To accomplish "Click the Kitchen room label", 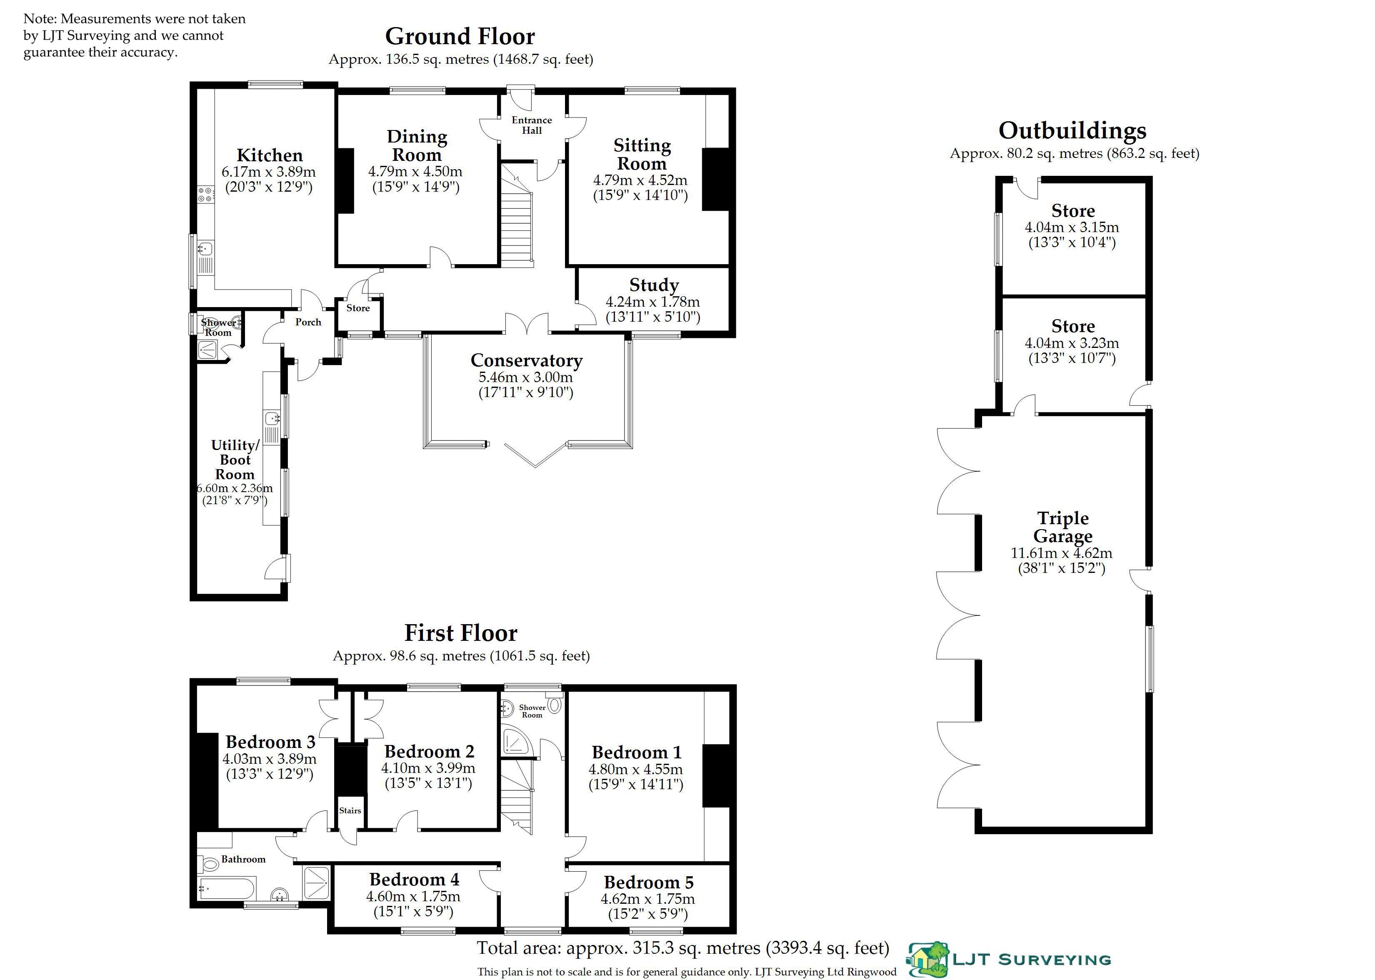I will pos(269,156).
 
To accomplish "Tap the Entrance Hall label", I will pos(532,125).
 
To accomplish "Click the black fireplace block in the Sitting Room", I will pos(715,179).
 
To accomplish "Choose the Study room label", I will pos(654,285).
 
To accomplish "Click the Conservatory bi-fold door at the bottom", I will pos(535,455).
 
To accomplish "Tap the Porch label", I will pos(308,322).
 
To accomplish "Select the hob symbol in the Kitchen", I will pos(205,194).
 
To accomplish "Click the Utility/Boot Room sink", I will pos(272,417).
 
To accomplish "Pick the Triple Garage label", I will pos(1062,527).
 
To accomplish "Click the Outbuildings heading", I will pos(1072,130).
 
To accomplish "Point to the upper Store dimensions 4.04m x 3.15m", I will pos(1072,228).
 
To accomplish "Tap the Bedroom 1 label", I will pos(637,752).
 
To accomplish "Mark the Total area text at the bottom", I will pos(683,948).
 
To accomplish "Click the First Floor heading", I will pos(461,633).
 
